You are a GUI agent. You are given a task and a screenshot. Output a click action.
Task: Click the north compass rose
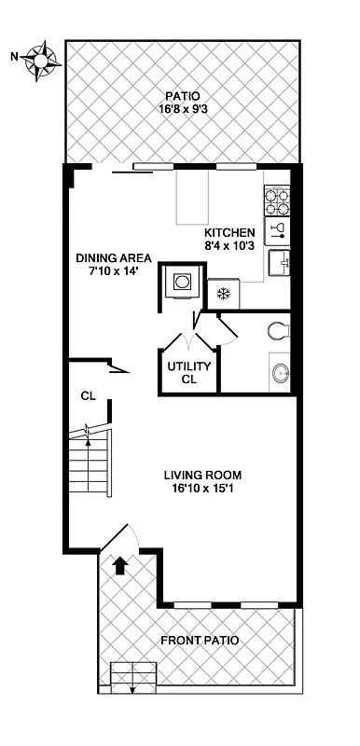click(x=42, y=60)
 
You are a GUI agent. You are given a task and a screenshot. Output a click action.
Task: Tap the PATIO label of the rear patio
click(x=183, y=96)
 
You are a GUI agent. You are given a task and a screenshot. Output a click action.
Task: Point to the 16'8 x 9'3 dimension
click(x=183, y=109)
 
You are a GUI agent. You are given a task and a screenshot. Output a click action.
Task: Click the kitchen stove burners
click(x=277, y=202)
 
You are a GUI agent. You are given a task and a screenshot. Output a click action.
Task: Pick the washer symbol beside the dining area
click(x=179, y=283)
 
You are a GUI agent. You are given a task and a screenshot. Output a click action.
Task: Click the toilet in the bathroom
click(x=277, y=330)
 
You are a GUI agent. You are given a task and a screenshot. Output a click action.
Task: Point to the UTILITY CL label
click(x=189, y=372)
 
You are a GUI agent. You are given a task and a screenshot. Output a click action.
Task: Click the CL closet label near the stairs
click(x=89, y=396)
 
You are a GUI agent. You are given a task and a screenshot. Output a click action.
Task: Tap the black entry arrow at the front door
click(x=119, y=564)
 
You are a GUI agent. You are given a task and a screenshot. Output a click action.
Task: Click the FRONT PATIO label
click(x=200, y=641)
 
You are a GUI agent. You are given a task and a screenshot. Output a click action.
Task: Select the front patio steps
click(x=132, y=676)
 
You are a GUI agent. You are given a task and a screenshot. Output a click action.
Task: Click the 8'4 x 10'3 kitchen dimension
click(x=229, y=246)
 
